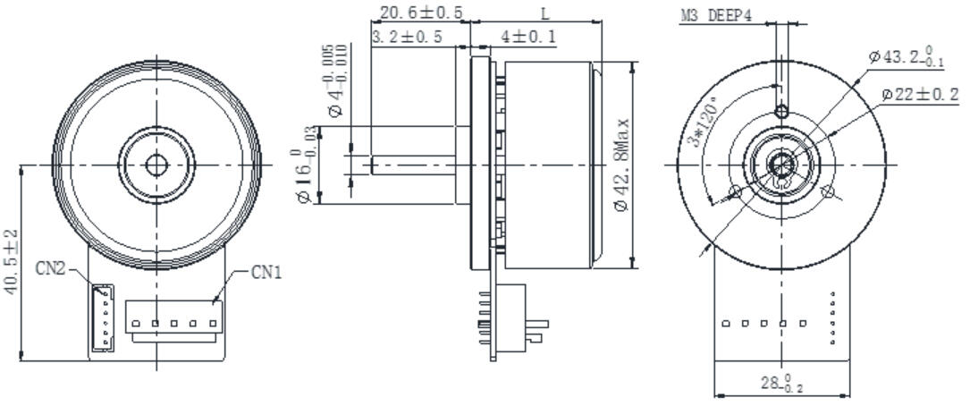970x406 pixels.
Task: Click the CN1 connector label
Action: (266, 271)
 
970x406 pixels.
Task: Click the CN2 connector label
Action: (52, 267)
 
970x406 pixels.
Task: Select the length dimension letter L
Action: (545, 13)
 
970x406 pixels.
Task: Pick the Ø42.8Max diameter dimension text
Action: (623, 165)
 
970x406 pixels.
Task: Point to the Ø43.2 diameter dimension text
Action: (906, 57)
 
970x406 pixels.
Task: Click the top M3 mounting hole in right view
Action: (782, 111)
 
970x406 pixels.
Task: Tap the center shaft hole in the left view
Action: (156, 165)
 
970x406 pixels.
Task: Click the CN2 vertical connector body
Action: (103, 317)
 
